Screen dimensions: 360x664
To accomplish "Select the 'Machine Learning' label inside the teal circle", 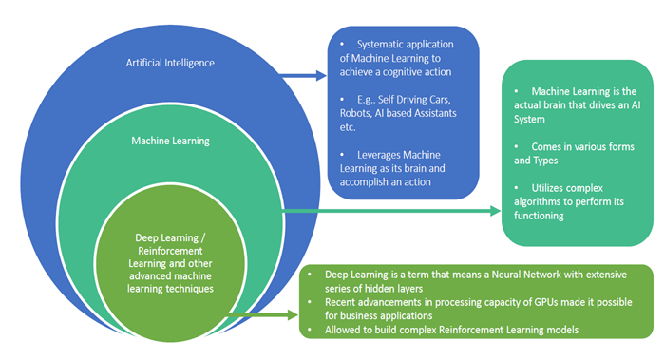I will coord(171,141).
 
